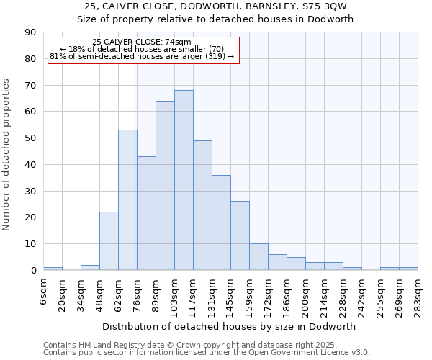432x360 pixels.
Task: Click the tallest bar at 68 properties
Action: tap(184, 180)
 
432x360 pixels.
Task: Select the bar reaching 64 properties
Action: tap(165, 186)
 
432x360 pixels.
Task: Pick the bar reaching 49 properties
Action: tap(202, 205)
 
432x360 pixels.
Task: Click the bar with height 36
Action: tap(221, 222)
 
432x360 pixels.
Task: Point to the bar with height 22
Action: tap(109, 241)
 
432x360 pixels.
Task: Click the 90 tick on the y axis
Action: tap(31, 32)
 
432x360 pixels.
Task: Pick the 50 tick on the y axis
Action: tap(31, 138)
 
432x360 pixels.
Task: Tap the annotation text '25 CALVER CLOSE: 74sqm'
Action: tap(142, 42)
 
